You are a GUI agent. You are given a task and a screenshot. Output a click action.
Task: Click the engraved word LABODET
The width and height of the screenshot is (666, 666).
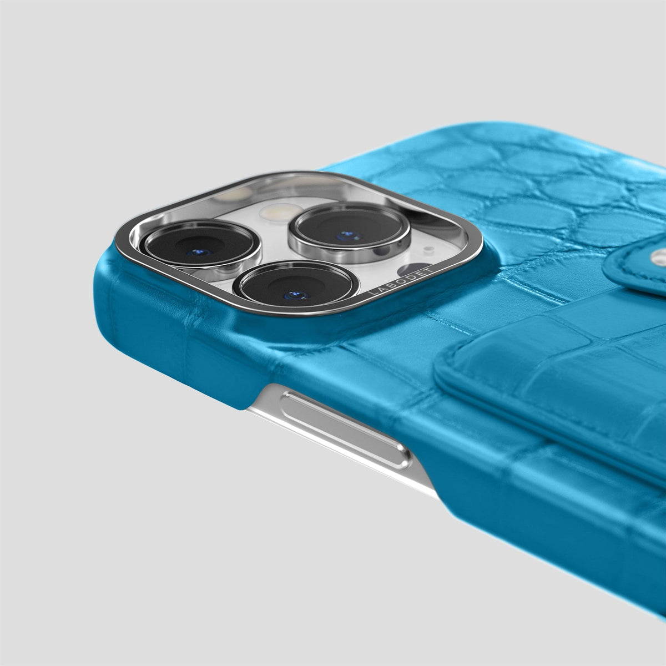pyautogui.click(x=400, y=282)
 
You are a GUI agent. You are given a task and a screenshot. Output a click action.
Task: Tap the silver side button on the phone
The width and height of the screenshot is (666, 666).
pyautogui.click(x=346, y=430)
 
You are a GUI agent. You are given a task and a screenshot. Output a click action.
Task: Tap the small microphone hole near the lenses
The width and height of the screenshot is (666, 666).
pyautogui.click(x=428, y=249)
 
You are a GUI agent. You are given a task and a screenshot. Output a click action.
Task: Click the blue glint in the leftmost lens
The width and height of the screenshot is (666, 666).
pyautogui.click(x=199, y=252)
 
